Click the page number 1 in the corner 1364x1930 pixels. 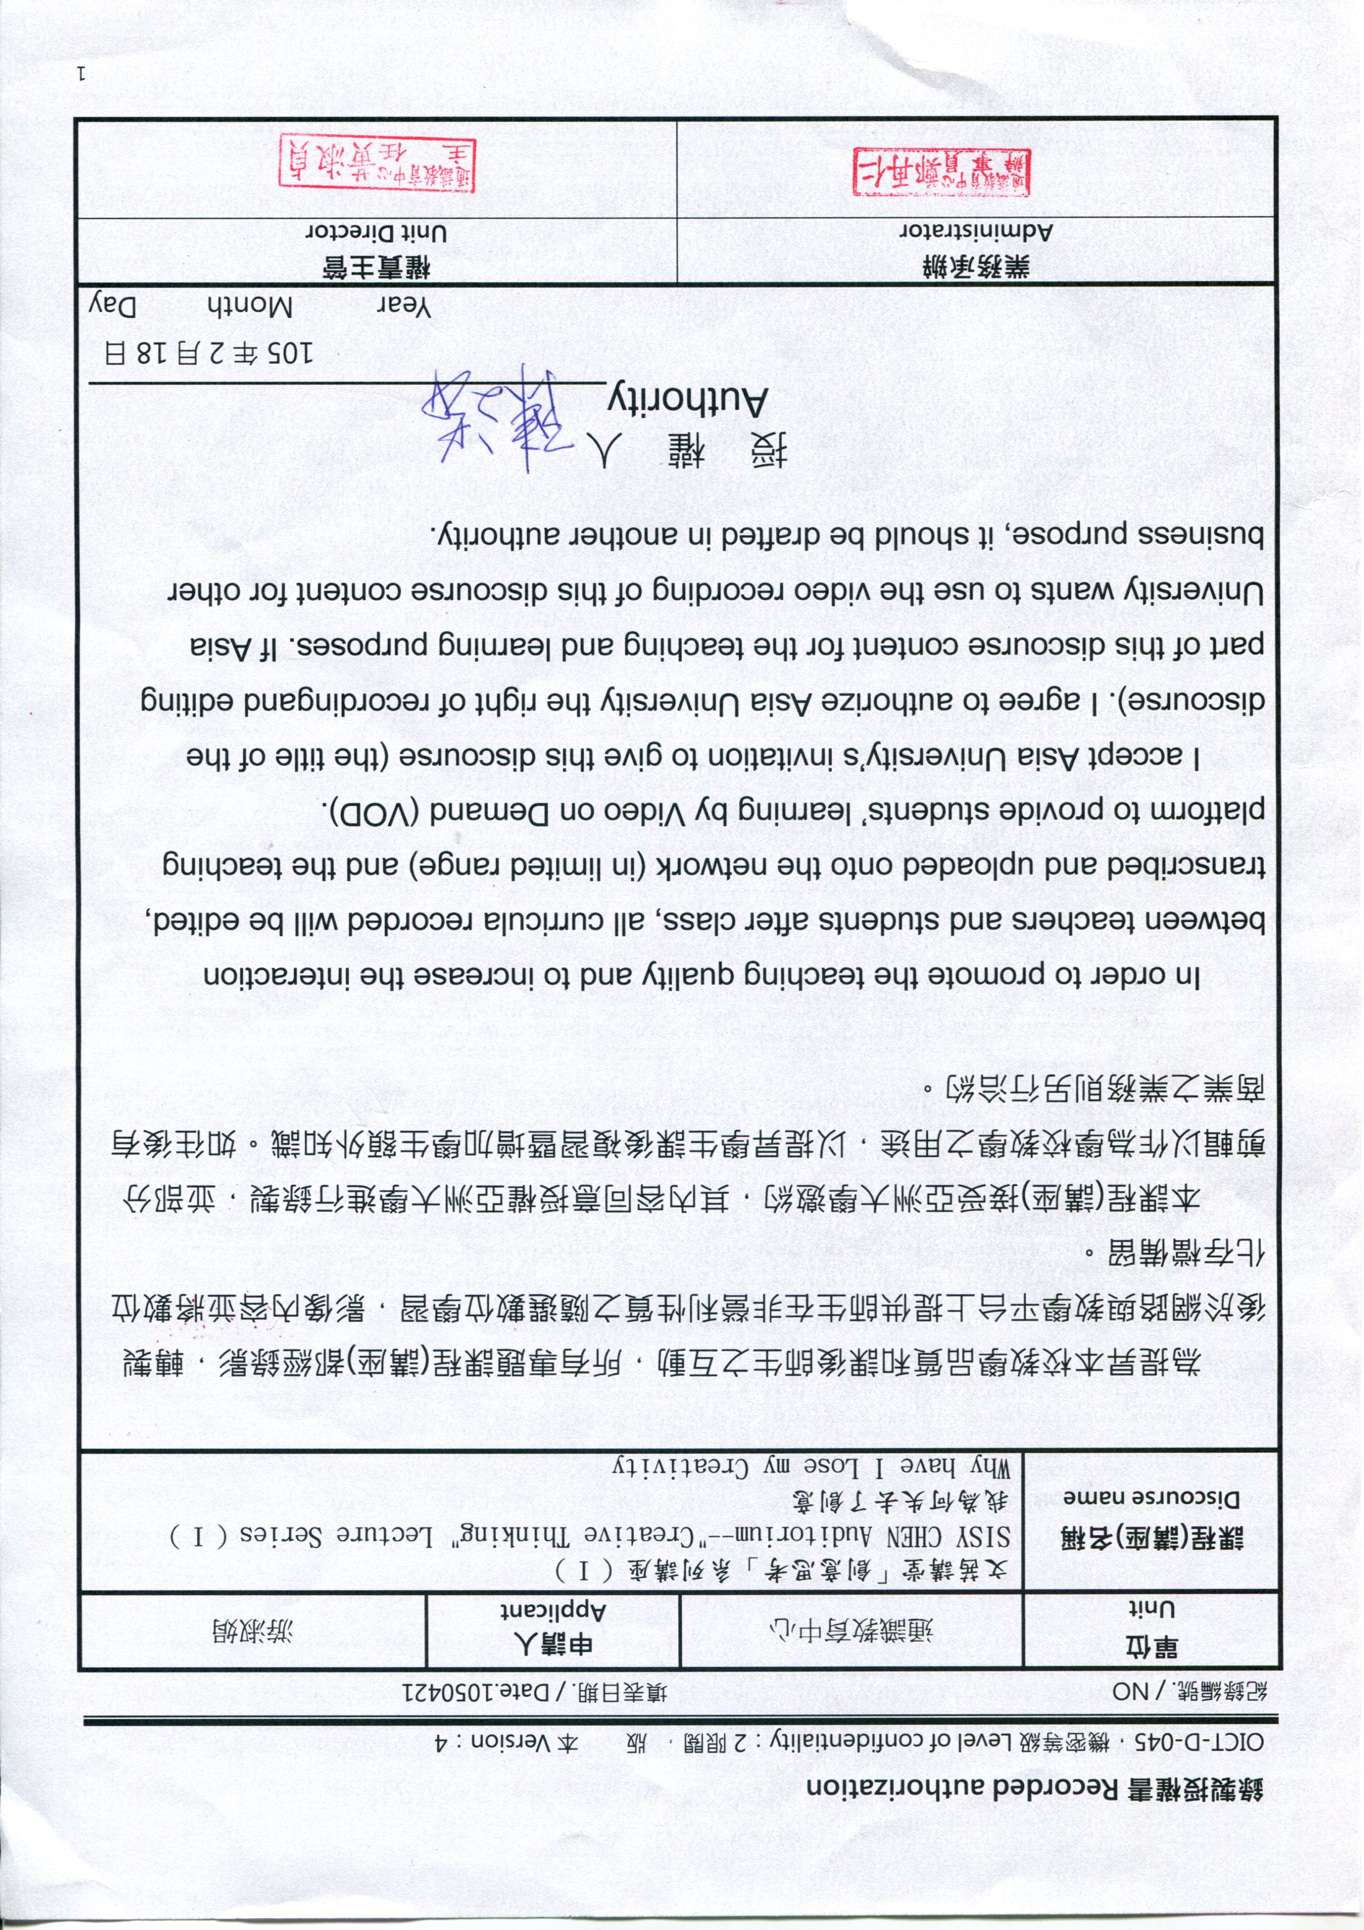[x=81, y=73]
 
